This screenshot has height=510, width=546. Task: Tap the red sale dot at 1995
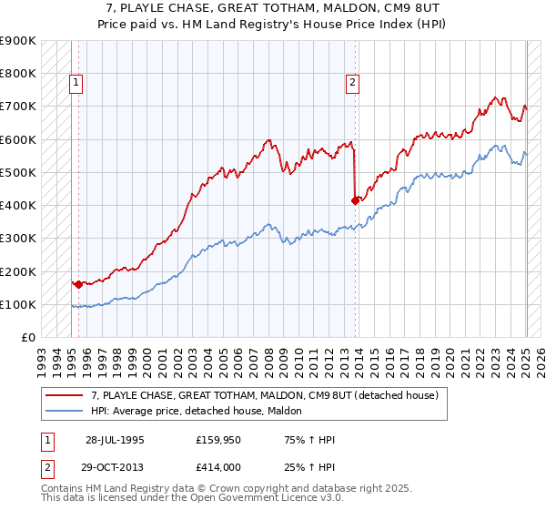coord(78,284)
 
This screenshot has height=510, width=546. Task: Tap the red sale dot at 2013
coord(355,200)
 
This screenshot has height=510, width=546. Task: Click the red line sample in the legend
coord(63,395)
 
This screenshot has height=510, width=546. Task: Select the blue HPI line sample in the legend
coord(63,412)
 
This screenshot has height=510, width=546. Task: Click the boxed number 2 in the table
coord(46,467)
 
